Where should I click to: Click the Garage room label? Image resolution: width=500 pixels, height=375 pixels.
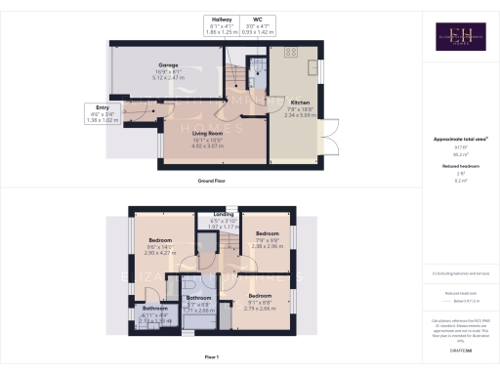(162, 71)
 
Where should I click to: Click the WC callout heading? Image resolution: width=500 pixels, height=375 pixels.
(258, 20)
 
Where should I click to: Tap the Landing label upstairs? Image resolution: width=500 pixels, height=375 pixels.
(225, 214)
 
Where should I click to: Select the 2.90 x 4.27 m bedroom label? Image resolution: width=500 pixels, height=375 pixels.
(160, 240)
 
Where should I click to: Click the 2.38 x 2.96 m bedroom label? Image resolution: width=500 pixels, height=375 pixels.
(268, 234)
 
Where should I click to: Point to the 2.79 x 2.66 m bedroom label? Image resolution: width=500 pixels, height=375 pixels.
(260, 295)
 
